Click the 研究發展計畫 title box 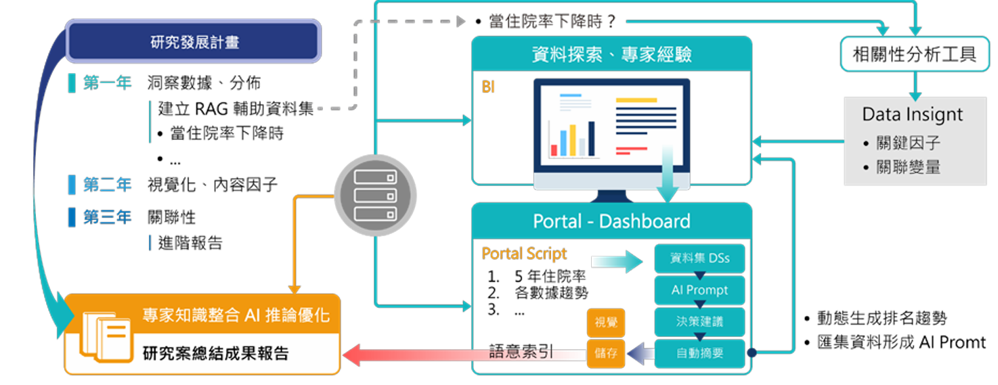pyautogui.click(x=194, y=43)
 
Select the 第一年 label pyautogui.click(x=107, y=83)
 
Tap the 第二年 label pyautogui.click(x=107, y=185)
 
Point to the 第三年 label pyautogui.click(x=107, y=217)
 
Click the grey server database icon pyautogui.click(x=374, y=195)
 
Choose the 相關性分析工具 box pyautogui.click(x=914, y=54)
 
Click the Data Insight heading pyautogui.click(x=912, y=114)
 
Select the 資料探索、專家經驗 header pyautogui.click(x=611, y=54)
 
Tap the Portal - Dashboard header pyautogui.click(x=611, y=221)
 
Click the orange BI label pyautogui.click(x=488, y=87)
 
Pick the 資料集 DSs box pyautogui.click(x=699, y=258)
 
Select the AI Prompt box pyautogui.click(x=699, y=290)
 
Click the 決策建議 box pyautogui.click(x=699, y=321)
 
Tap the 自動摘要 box pyautogui.click(x=699, y=353)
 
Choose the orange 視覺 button pyautogui.click(x=605, y=323)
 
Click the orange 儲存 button pyautogui.click(x=605, y=353)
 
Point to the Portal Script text pyautogui.click(x=524, y=254)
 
